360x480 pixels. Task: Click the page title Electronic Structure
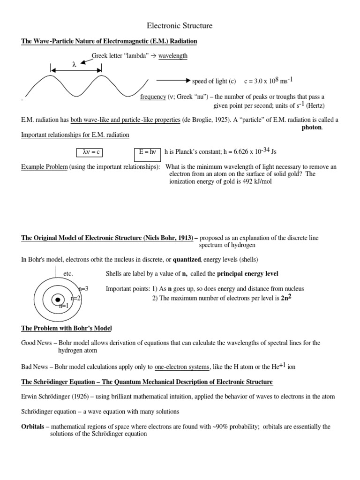point(180,26)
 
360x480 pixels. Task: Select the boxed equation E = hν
point(147,152)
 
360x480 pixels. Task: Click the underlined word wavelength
point(172,56)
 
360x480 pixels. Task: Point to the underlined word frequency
point(153,97)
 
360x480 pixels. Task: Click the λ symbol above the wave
point(74,65)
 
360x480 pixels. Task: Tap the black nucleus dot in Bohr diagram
point(58,300)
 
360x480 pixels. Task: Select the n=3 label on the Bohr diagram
point(83,289)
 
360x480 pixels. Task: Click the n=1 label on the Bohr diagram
point(64,306)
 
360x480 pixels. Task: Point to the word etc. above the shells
point(67,274)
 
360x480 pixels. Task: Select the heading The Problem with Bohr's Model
point(67,328)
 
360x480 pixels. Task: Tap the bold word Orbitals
point(34,427)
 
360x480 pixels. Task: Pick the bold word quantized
point(187,260)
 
